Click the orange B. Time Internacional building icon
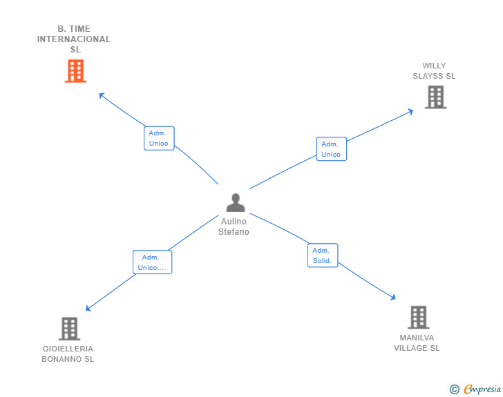tap(75, 70)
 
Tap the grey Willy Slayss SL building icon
tap(435, 97)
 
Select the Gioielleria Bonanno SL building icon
tap(69, 329)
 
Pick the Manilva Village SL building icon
tap(418, 318)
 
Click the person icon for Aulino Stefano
tap(236, 203)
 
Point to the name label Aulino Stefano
tap(234, 226)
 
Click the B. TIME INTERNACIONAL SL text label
tap(74, 39)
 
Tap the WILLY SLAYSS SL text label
tap(434, 71)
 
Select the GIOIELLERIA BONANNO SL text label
tap(68, 354)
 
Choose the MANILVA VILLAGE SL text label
tap(417, 343)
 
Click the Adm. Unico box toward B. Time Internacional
tap(159, 138)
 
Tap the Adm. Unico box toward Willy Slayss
tap(331, 149)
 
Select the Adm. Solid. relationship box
tap(322, 255)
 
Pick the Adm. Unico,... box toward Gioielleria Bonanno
tap(152, 262)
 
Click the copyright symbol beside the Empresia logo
tap(454, 389)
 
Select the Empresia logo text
tap(482, 389)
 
